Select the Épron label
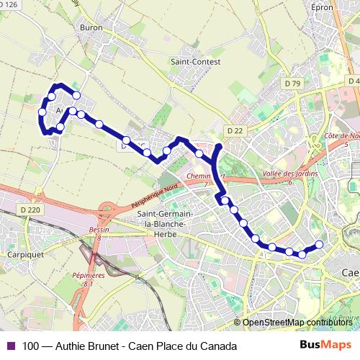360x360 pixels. pyautogui.click(x=323, y=7)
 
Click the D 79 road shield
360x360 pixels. pyautogui.click(x=292, y=84)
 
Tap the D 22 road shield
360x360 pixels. pyautogui.click(x=235, y=130)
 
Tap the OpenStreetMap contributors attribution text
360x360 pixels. pyautogui.click(x=298, y=323)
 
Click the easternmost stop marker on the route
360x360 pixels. pyautogui.click(x=320, y=245)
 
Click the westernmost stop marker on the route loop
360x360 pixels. pyautogui.click(x=42, y=112)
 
